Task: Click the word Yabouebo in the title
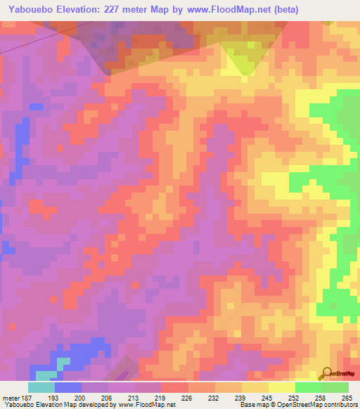click(x=30, y=10)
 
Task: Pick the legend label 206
click(x=108, y=398)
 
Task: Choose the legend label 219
click(x=161, y=398)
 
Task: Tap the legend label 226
click(x=188, y=398)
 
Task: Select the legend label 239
click(x=242, y=398)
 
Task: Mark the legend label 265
click(x=346, y=398)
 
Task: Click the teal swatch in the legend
click(x=41, y=387)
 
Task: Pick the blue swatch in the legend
click(x=68, y=387)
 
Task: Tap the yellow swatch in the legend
click(x=282, y=387)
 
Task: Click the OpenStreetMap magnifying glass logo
click(x=326, y=373)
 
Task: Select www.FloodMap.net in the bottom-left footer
click(x=147, y=405)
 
